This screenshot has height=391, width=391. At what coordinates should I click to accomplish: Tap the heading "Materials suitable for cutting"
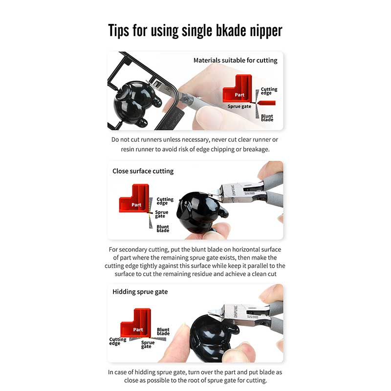[236, 60]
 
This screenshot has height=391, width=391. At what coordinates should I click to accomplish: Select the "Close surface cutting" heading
[143, 171]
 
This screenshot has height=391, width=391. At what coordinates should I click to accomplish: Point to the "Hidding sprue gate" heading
[140, 292]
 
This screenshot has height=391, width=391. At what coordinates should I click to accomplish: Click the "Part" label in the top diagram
[239, 95]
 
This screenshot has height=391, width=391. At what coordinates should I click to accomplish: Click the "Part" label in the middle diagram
[136, 205]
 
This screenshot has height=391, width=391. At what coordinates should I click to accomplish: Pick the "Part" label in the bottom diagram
[138, 329]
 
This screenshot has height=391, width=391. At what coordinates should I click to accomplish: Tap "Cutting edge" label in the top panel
[269, 91]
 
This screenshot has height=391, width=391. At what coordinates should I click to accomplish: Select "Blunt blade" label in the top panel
[267, 118]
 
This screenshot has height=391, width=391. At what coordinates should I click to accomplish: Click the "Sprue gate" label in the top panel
[239, 107]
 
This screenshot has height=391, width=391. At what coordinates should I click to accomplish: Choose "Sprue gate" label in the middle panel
[162, 214]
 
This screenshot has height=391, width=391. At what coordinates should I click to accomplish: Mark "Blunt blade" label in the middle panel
[163, 228]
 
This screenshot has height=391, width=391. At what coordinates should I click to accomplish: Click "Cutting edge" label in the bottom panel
[118, 341]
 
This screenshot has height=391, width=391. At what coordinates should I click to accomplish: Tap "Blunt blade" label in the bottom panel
[163, 331]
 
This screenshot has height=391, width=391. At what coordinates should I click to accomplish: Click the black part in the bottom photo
[212, 337]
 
